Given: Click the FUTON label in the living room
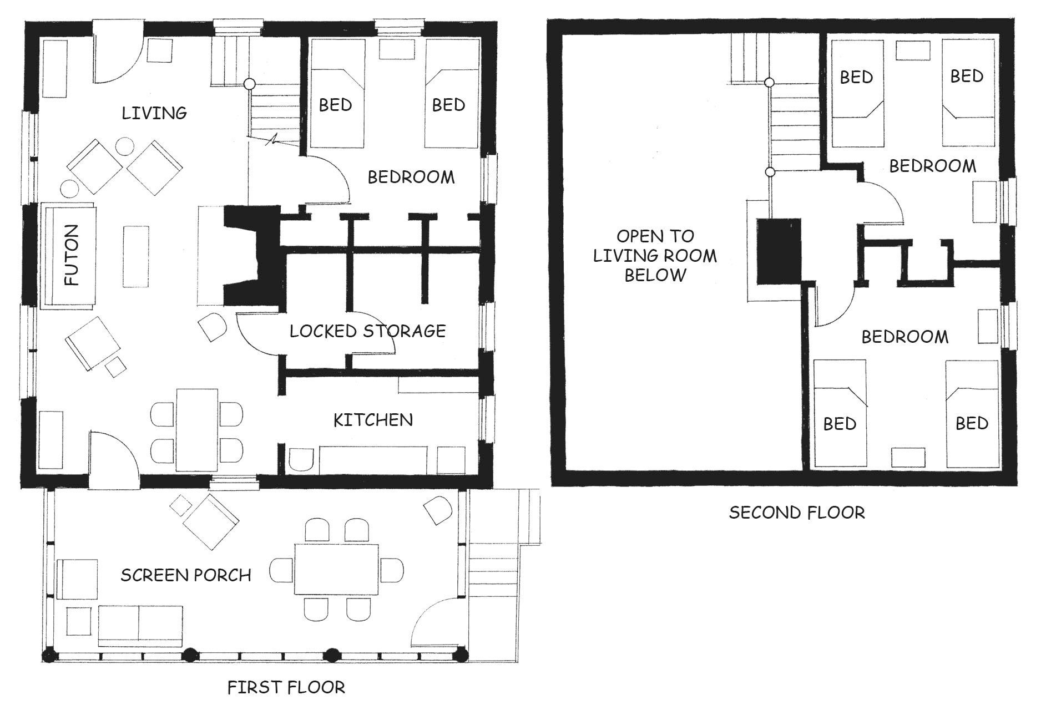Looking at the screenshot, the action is (x=72, y=255).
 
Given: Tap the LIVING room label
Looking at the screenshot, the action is (x=154, y=113).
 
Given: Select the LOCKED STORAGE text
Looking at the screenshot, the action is (x=368, y=331).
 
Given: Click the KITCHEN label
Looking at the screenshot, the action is (x=373, y=420).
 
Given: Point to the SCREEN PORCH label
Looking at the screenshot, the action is (x=186, y=575).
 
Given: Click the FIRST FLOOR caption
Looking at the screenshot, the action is (x=286, y=688).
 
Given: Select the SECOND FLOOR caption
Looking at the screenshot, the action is (x=797, y=512).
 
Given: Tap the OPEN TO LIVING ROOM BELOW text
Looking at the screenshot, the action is (x=655, y=255).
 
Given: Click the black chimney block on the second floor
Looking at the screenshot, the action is (x=779, y=251).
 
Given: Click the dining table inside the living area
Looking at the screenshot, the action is (x=197, y=430).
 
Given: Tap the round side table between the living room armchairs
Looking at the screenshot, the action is (x=124, y=148).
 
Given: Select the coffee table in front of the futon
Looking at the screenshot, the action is (x=136, y=256).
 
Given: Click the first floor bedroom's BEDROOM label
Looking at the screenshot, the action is (x=411, y=177).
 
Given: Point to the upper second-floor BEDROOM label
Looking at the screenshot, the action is (x=932, y=165).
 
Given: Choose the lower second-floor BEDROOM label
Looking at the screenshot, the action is (x=904, y=337).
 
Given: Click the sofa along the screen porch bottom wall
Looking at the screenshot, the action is (x=140, y=626).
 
